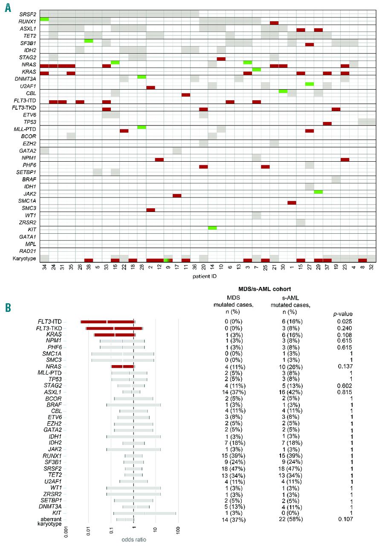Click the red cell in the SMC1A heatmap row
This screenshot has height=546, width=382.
point(292,203)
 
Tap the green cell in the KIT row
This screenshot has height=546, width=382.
point(212,228)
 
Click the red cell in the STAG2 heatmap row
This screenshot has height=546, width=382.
point(221,58)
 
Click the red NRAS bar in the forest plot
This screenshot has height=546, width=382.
point(123,366)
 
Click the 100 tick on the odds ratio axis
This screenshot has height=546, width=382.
point(179,531)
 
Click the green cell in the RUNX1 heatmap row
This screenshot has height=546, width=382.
point(44,19)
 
